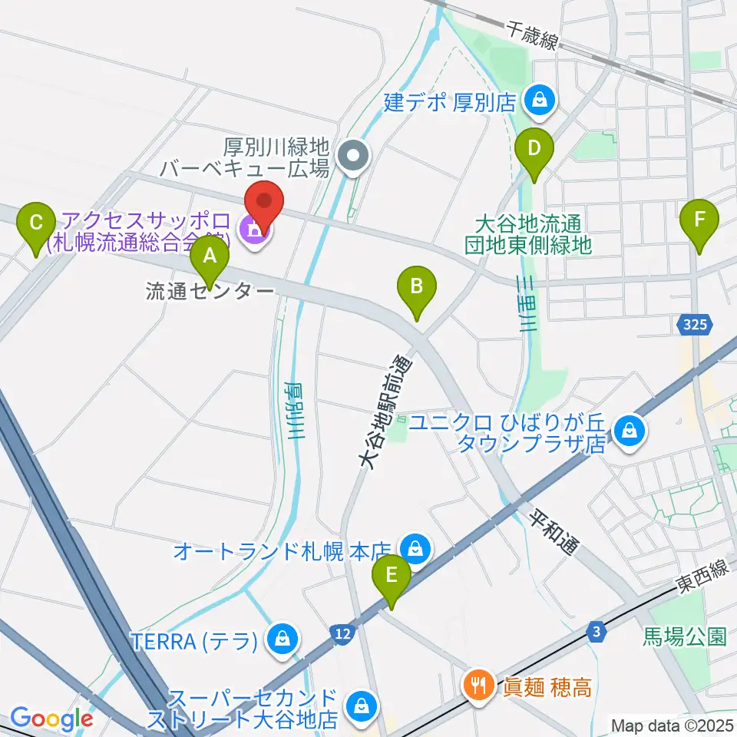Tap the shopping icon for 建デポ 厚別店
click(x=541, y=100)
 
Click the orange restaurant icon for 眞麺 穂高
click(x=481, y=683)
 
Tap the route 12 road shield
click(x=342, y=632)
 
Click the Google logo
click(x=51, y=719)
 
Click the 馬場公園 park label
click(x=684, y=636)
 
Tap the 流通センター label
click(x=210, y=292)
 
